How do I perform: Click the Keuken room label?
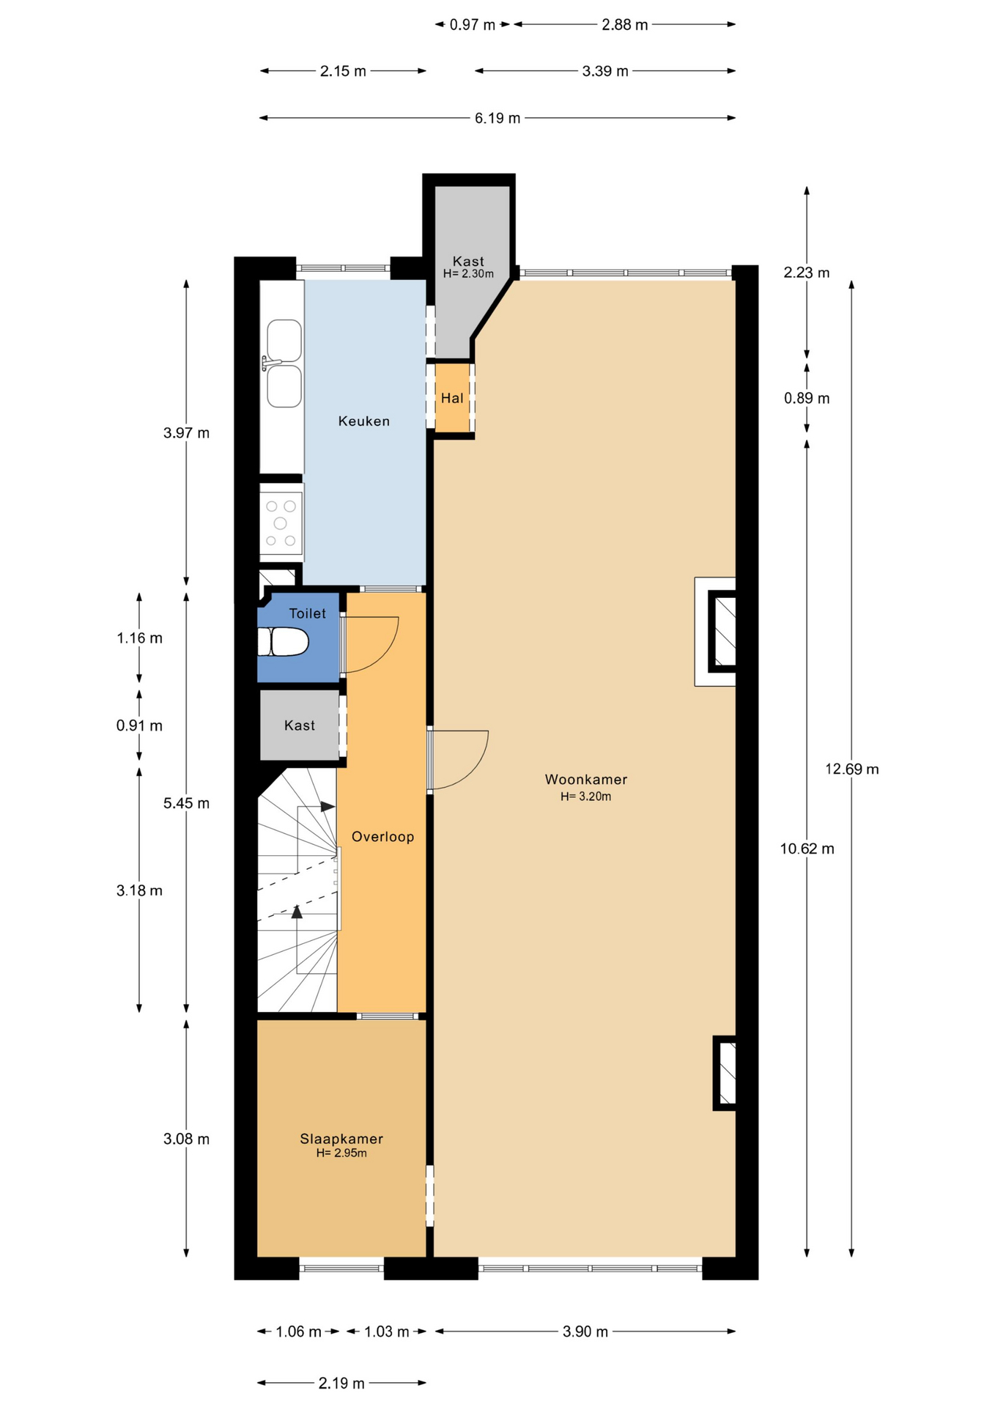click(363, 421)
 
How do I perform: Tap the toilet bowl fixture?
click(282, 642)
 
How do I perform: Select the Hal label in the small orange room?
click(452, 399)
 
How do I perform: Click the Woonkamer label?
click(586, 780)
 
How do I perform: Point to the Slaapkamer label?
click(341, 1139)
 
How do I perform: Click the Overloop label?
click(382, 837)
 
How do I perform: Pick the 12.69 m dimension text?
click(852, 769)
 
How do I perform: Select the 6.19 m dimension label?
click(497, 118)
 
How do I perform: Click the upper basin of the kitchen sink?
click(284, 340)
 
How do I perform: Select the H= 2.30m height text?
click(468, 274)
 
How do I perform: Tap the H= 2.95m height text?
click(341, 1153)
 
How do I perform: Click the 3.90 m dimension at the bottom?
click(585, 1332)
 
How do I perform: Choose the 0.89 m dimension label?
click(807, 399)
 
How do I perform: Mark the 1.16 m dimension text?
click(139, 638)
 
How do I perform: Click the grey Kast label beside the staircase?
click(300, 725)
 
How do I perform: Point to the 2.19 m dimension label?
click(341, 1384)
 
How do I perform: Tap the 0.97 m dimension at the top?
click(473, 25)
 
